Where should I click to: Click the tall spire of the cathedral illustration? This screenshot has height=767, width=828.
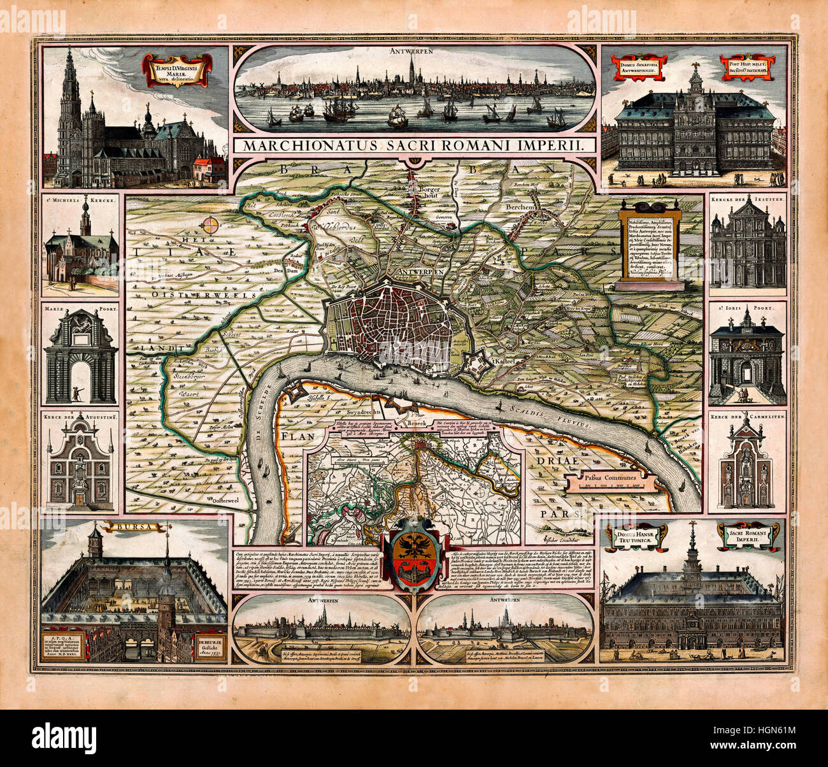tap(69, 83)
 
